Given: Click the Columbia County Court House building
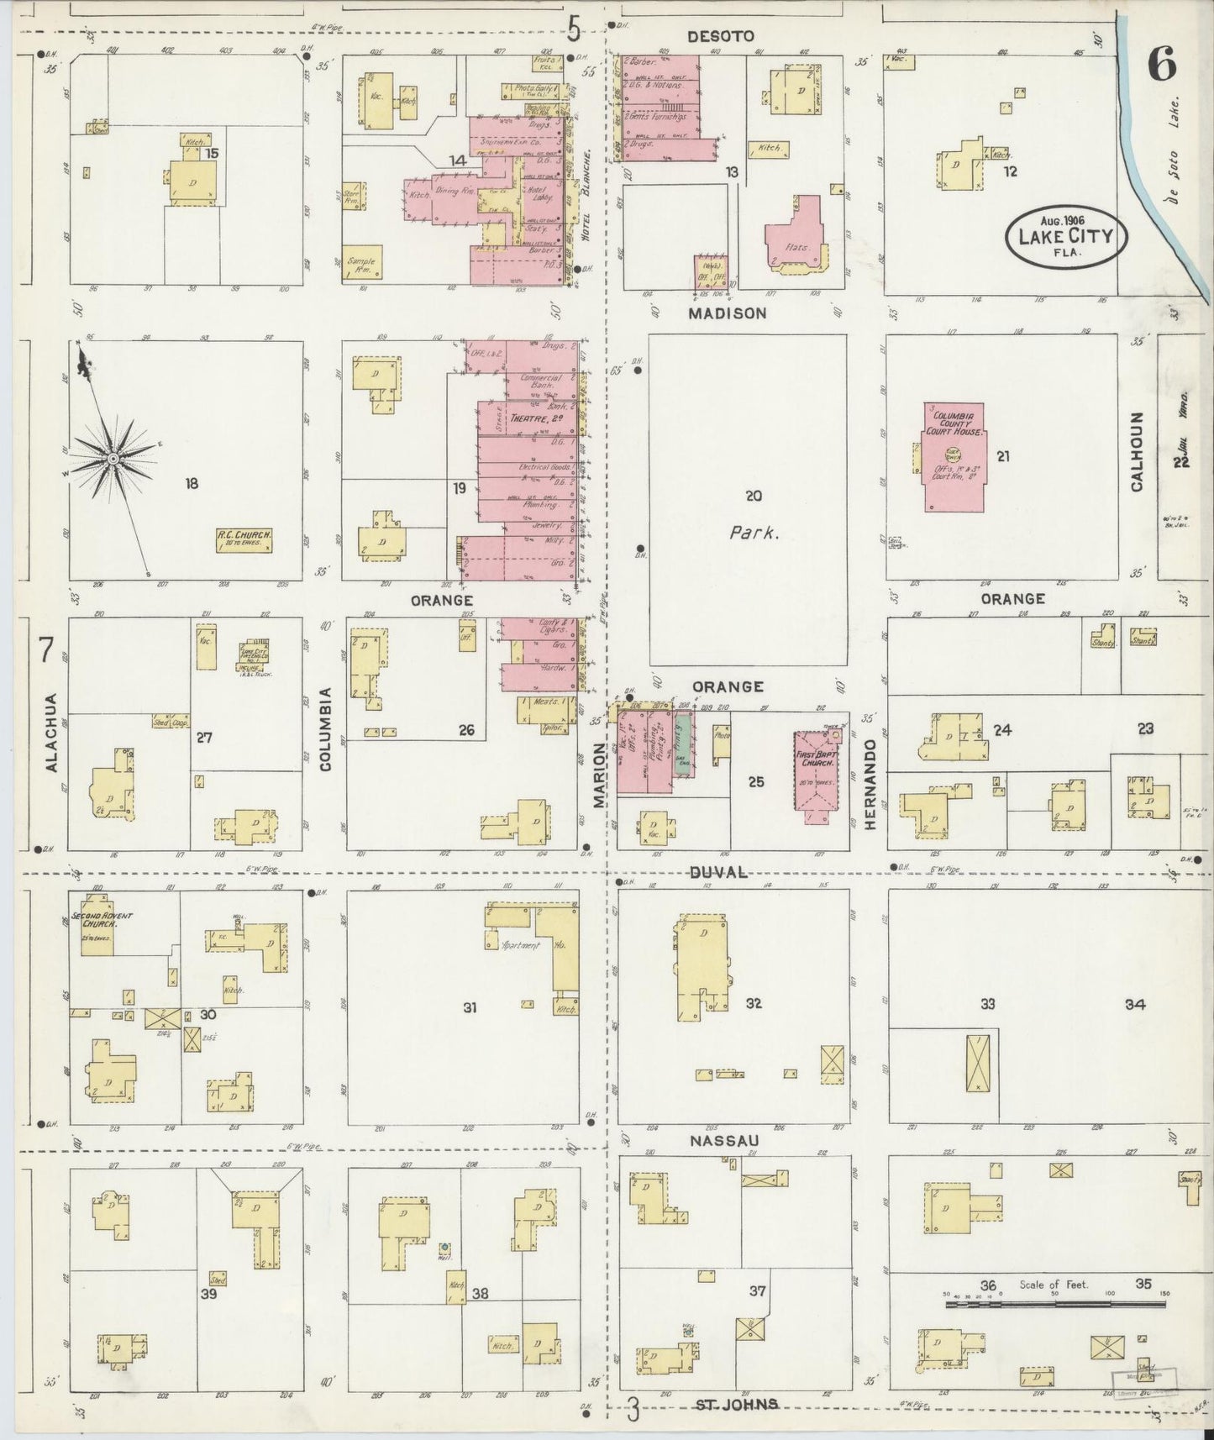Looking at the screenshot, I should coord(954,458).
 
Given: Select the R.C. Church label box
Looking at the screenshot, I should coord(246,539).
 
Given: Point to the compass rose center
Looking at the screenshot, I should coord(112,458).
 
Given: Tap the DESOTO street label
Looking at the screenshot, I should coord(721,36).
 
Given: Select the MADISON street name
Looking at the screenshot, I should coord(728,313).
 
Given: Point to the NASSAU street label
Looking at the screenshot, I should coord(724,1140).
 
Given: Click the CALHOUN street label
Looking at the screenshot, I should coord(1138,452).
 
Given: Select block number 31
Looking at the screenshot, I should coord(470,1006).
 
